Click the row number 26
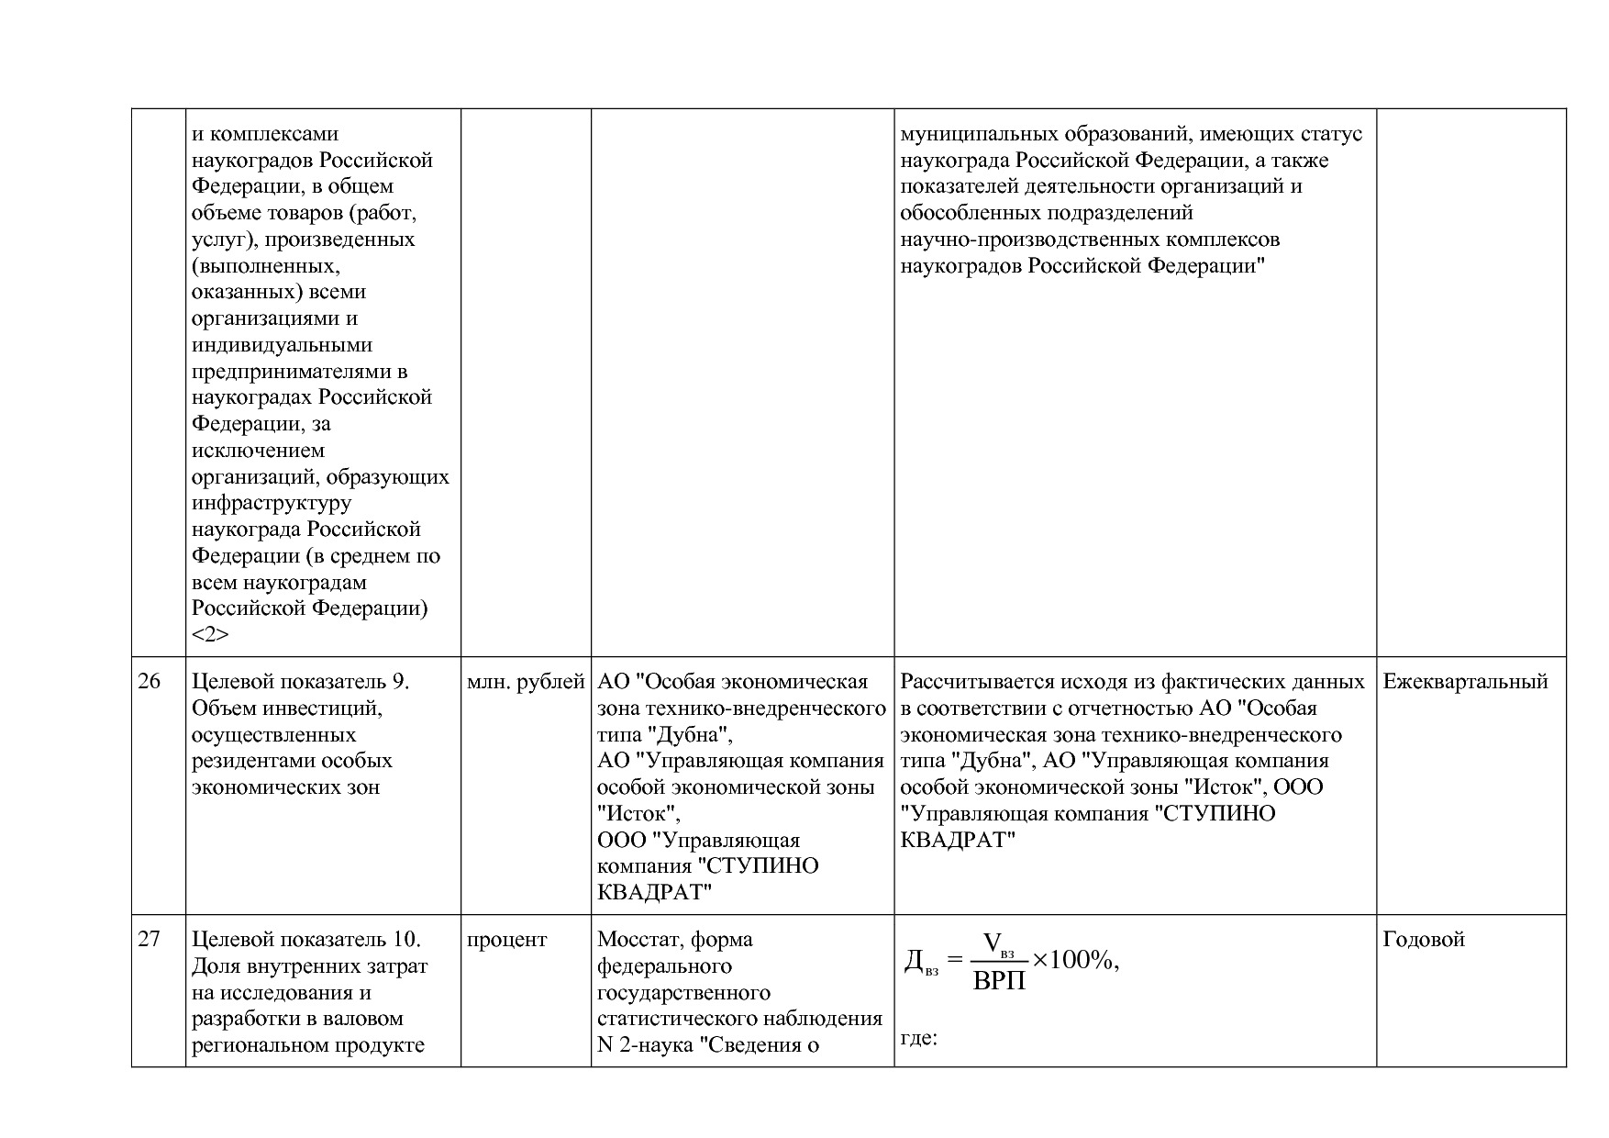149,682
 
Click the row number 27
149,940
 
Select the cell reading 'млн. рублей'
525,682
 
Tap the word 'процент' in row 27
506,940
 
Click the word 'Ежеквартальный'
1465,682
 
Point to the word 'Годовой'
1423,940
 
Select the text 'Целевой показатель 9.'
300,682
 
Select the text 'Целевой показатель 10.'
305,940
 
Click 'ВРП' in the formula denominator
999,981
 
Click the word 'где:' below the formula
918,1039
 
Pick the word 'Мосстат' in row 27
638,940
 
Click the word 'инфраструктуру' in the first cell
271,504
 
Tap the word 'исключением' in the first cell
258,451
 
